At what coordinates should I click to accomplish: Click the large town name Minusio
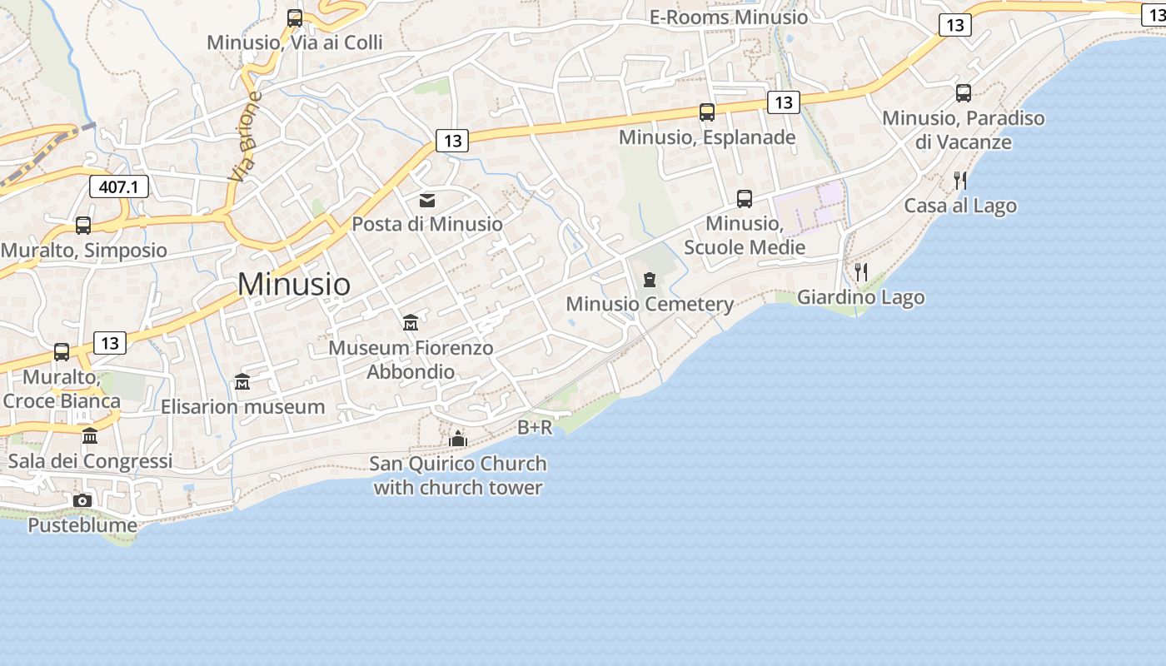(x=294, y=284)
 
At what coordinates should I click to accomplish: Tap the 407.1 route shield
(x=119, y=186)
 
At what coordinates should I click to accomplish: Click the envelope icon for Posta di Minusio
(x=427, y=201)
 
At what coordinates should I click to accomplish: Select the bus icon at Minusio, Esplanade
(x=707, y=112)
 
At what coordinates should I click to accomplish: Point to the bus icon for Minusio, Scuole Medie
(x=745, y=199)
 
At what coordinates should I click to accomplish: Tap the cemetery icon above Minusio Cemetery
(x=650, y=280)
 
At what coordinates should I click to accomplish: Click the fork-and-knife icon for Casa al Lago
(x=959, y=181)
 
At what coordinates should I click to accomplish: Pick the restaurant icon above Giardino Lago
(x=861, y=272)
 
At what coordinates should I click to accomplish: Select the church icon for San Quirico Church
(x=458, y=439)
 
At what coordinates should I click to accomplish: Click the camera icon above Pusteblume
(x=82, y=500)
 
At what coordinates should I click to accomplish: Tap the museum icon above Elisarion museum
(x=242, y=382)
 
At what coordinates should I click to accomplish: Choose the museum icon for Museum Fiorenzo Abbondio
(x=411, y=323)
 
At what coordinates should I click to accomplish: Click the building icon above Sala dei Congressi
(x=90, y=436)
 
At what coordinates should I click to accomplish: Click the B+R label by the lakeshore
(x=535, y=428)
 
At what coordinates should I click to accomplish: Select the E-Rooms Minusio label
(x=729, y=17)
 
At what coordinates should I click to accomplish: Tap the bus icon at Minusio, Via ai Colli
(x=295, y=17)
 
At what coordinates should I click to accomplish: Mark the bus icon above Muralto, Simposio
(x=83, y=226)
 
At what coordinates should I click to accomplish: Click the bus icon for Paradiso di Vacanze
(x=964, y=93)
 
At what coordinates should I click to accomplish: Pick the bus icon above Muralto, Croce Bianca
(x=62, y=352)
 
